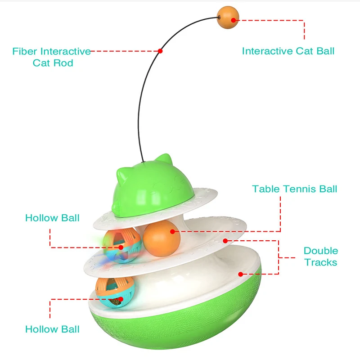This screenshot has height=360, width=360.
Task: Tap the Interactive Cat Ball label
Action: click(288, 51)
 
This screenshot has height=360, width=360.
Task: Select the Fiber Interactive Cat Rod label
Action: click(52, 57)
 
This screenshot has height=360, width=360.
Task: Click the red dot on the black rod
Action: click(160, 51)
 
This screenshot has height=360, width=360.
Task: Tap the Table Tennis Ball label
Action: click(294, 189)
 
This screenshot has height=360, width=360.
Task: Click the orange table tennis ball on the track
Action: click(158, 238)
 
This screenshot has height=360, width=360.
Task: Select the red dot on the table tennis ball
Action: click(172, 231)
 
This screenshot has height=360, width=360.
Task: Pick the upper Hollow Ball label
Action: click(52, 218)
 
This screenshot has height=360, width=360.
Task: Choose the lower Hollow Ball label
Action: click(52, 329)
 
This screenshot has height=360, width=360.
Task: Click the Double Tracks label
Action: click(320, 256)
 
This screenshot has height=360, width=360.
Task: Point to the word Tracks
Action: click(320, 262)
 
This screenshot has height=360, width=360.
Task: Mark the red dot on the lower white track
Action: click(240, 274)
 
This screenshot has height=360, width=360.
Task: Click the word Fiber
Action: click(27, 51)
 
